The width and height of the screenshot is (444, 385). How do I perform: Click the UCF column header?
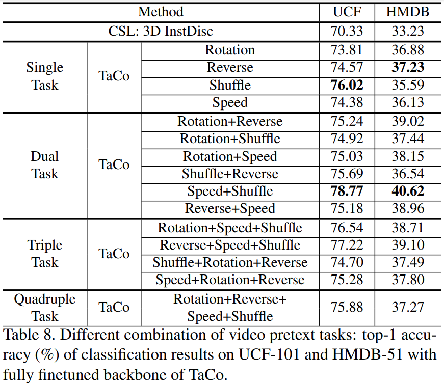[x=347, y=12]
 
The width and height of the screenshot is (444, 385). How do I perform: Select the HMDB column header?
[x=408, y=12]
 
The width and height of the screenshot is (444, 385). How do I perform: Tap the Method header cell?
[x=161, y=12]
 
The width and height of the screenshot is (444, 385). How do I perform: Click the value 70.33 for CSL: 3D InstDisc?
[x=347, y=31]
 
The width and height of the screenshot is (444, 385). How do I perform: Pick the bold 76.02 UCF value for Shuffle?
[x=347, y=85]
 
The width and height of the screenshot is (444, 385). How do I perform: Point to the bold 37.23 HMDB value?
[x=408, y=67]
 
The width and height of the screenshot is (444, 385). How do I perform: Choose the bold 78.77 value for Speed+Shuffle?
[x=347, y=191]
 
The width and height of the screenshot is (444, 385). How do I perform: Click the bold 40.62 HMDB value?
[x=408, y=191]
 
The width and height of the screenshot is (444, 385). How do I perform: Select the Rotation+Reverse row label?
[x=230, y=122]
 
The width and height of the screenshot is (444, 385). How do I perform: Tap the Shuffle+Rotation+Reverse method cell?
[x=230, y=262]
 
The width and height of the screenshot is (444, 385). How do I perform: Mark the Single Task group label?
[x=45, y=76]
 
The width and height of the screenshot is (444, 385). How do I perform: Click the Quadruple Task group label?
[x=45, y=307]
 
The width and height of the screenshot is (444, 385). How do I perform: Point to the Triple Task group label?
[x=45, y=254]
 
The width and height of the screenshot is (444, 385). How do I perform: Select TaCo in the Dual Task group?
[x=114, y=165]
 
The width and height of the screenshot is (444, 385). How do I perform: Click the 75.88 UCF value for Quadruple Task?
[x=347, y=307]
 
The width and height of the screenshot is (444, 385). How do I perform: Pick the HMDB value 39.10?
[x=408, y=245]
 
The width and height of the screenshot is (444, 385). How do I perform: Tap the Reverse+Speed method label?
[x=230, y=208]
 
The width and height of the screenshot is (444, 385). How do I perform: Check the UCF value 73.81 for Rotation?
[x=347, y=50]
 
